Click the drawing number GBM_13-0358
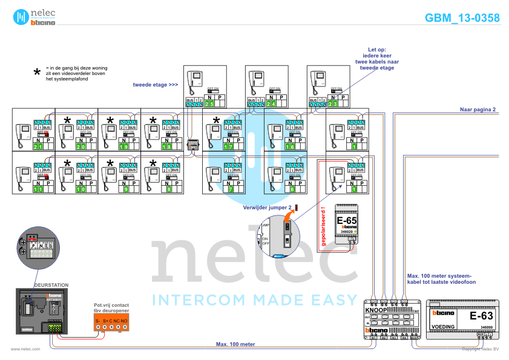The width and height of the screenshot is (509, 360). (x=462, y=18)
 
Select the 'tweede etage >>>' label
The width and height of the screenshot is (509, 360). (x=155, y=85)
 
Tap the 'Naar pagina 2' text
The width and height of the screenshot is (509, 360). (x=478, y=110)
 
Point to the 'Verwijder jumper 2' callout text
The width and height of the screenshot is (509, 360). (x=267, y=207)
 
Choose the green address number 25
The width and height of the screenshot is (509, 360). (x=209, y=104)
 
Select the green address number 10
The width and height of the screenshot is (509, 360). (x=80, y=189)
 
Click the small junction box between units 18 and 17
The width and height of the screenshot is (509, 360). (x=193, y=145)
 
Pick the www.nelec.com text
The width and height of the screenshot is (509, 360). (x=25, y=349)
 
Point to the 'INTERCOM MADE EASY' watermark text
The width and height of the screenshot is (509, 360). (x=254, y=299)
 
